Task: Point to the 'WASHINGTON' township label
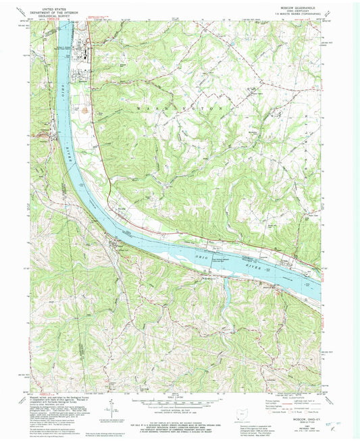[180, 108]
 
